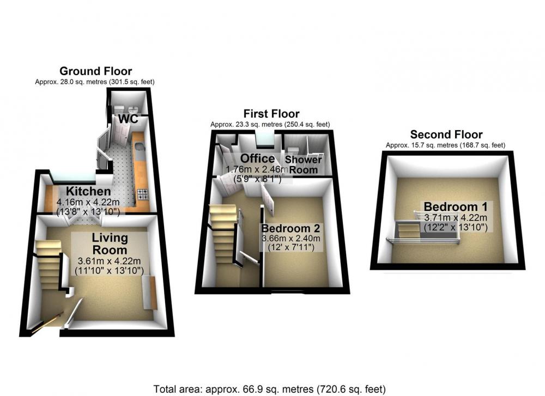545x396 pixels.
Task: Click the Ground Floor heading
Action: [x=95, y=71]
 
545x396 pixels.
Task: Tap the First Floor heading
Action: [x=271, y=114]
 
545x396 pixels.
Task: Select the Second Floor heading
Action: [x=446, y=135]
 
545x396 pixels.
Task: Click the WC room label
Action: [x=128, y=119]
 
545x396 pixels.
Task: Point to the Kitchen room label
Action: [x=88, y=191]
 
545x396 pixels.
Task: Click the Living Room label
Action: [x=110, y=244]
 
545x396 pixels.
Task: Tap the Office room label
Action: [x=258, y=159]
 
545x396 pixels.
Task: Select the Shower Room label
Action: [x=304, y=165]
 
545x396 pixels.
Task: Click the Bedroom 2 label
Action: [x=290, y=229]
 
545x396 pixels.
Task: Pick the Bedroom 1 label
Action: [x=456, y=206]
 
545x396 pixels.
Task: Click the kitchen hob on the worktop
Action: [x=143, y=194]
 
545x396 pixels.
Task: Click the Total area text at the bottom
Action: [x=270, y=389]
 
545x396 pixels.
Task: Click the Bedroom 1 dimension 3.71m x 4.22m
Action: [x=456, y=218]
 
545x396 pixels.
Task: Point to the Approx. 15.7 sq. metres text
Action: [x=446, y=145]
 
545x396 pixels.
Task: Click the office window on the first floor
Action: [x=265, y=139]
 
